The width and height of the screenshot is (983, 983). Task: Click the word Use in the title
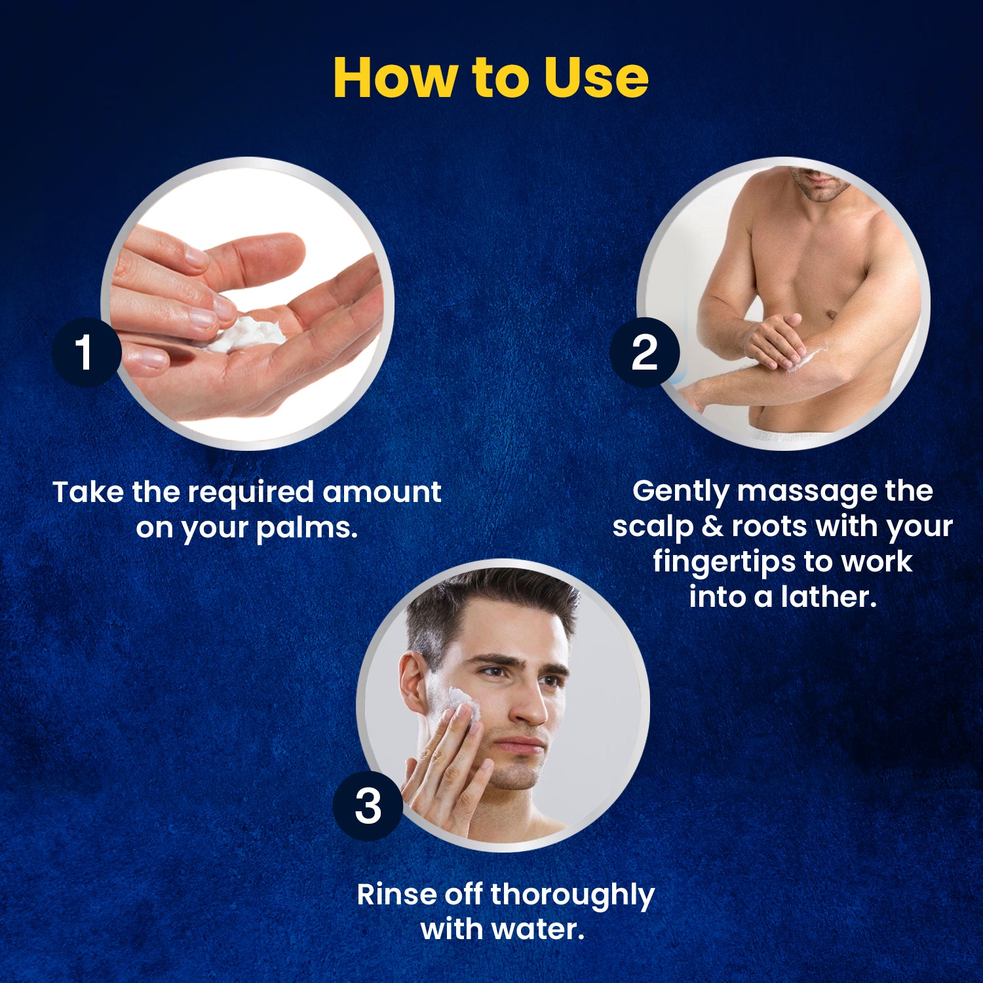click(x=596, y=77)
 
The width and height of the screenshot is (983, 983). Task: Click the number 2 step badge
click(x=644, y=352)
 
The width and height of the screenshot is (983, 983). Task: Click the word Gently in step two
click(x=680, y=492)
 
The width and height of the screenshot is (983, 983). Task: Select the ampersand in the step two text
click(x=712, y=526)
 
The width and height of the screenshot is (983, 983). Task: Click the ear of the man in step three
click(x=412, y=685)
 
